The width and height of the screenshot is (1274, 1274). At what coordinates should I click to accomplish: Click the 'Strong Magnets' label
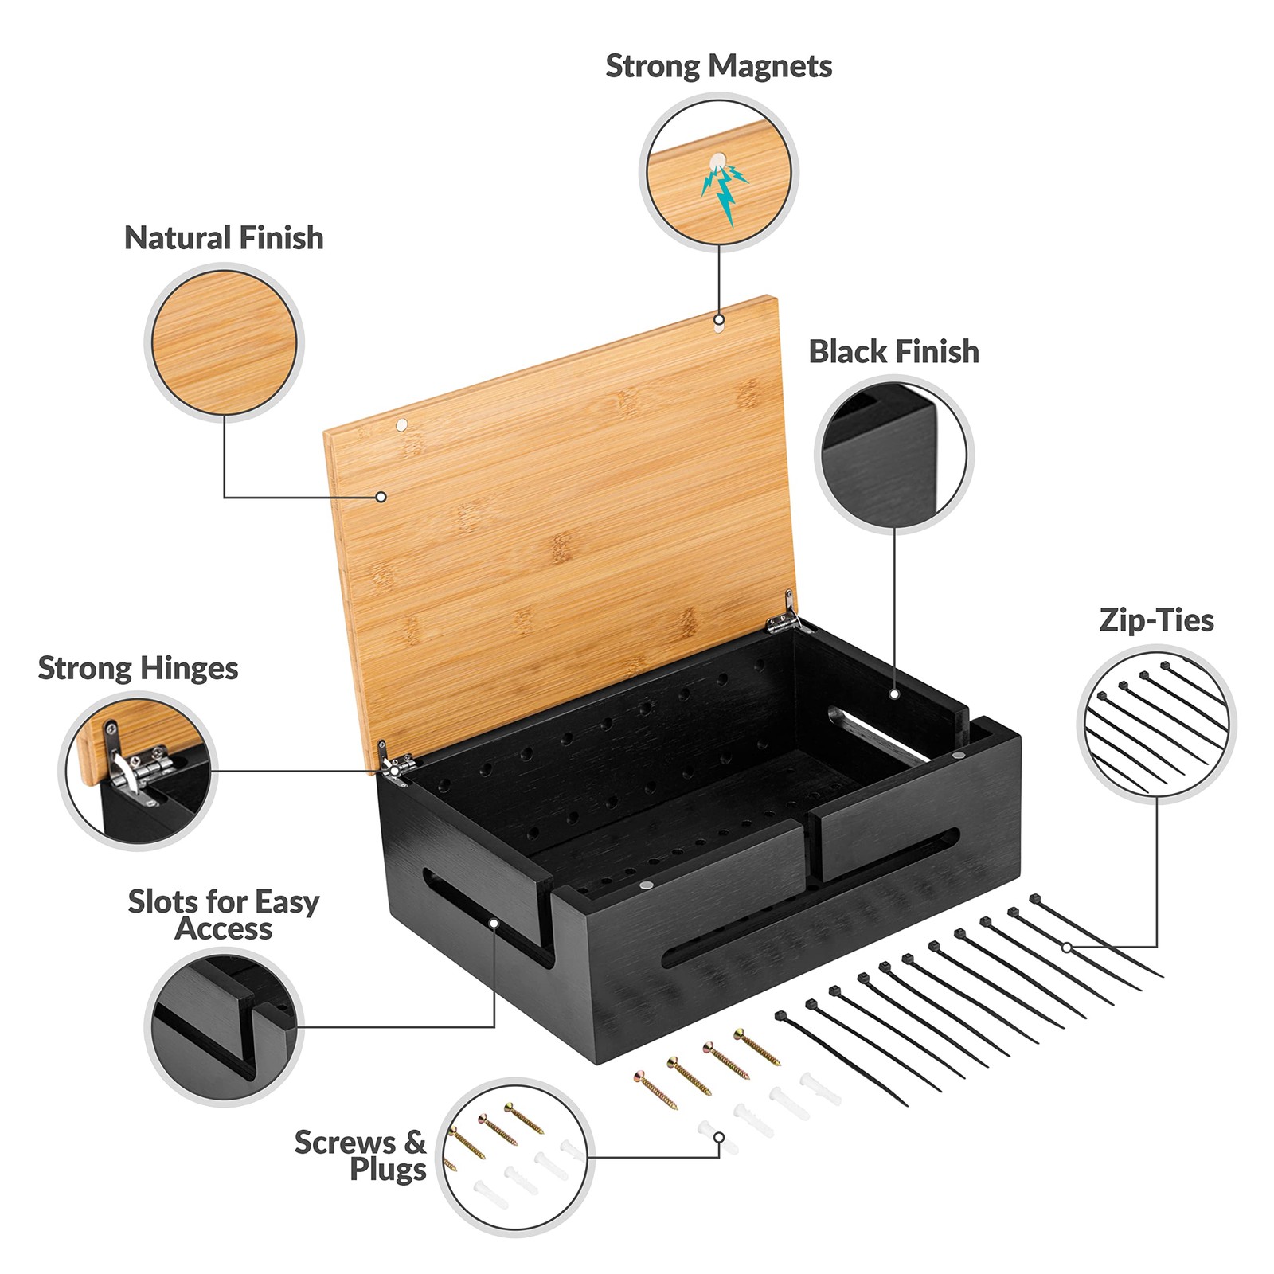[x=718, y=66]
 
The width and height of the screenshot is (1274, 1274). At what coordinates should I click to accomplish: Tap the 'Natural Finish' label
[x=224, y=238]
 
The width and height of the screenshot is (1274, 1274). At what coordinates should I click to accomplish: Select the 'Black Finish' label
[x=893, y=352]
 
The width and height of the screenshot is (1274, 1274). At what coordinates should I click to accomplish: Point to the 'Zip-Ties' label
[x=1156, y=620]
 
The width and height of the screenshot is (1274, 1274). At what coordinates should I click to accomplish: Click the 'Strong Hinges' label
[x=138, y=669]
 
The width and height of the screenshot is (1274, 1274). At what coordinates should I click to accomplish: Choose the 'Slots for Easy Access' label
[x=224, y=915]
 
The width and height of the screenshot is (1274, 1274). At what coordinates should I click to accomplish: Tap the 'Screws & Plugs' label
[x=361, y=1155]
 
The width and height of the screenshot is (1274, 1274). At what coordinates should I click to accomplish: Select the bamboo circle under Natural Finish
[x=224, y=342]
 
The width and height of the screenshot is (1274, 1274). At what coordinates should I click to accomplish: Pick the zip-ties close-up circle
[x=1156, y=723]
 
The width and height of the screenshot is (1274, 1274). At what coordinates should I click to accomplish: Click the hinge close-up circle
[x=138, y=771]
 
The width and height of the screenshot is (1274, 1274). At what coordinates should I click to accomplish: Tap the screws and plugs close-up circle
[x=515, y=1157]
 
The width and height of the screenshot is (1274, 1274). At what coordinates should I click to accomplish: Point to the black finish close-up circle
[x=893, y=454]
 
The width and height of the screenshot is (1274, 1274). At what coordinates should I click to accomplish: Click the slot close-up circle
[x=224, y=1027]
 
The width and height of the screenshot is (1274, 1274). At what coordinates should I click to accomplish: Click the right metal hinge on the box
[x=783, y=616]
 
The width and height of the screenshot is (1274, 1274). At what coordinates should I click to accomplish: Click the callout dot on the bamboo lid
[x=381, y=497]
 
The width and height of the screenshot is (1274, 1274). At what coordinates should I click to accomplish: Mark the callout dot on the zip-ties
[x=1067, y=948]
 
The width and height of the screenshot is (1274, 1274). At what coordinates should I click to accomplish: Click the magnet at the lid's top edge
[x=719, y=321]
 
